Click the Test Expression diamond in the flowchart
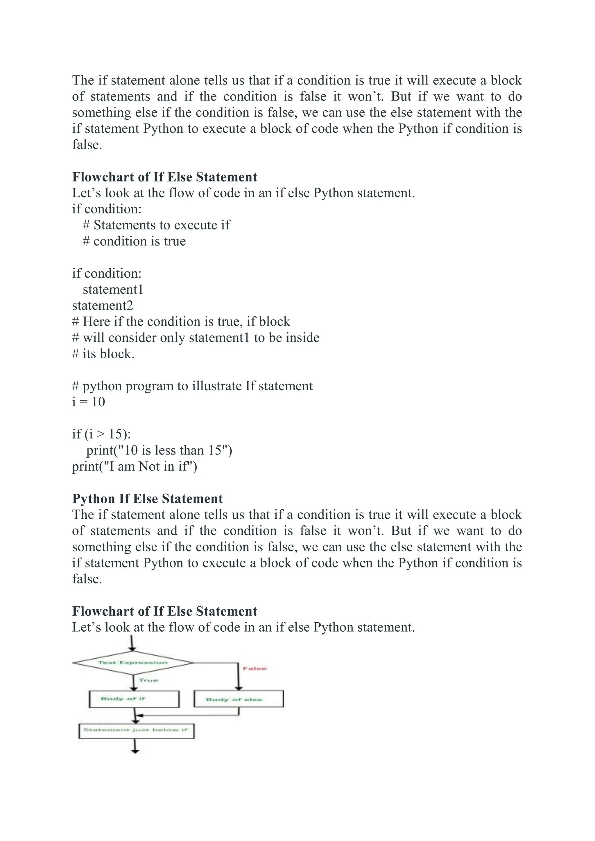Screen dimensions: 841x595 [133, 663]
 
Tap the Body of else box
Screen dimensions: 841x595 [239, 699]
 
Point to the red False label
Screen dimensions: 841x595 [255, 669]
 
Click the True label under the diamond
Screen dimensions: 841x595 [148, 680]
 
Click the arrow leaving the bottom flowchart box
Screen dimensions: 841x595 [135, 746]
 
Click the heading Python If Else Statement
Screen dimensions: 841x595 [147, 499]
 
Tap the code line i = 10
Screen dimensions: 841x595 [88, 402]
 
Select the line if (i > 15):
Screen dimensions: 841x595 [101, 434]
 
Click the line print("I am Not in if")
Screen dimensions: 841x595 [135, 466]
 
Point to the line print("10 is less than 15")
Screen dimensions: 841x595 [159, 450]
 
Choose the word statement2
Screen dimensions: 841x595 [103, 306]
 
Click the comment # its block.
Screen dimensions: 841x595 [103, 354]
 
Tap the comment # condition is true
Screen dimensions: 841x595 [134, 241]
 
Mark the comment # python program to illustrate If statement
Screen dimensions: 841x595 [192, 386]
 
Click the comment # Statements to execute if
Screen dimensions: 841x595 [156, 225]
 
